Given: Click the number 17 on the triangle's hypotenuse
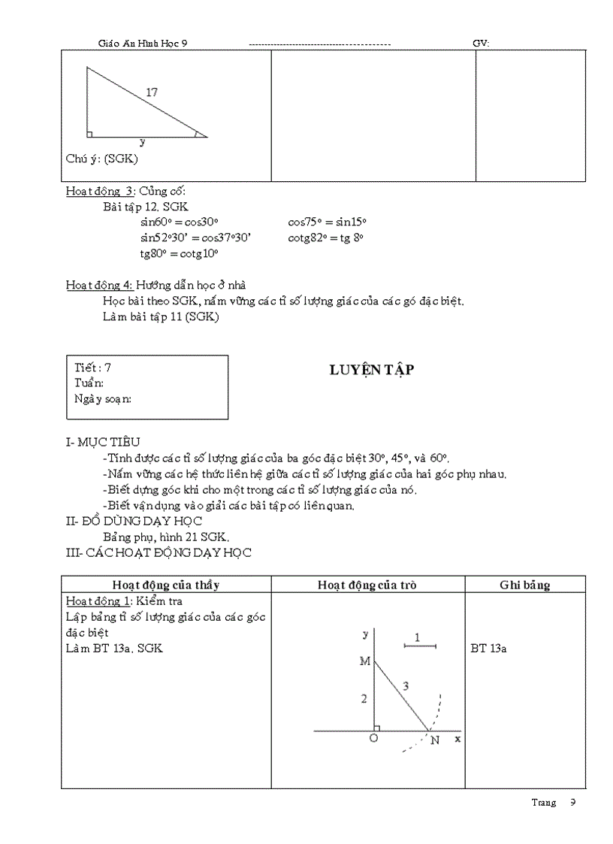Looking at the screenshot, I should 152,92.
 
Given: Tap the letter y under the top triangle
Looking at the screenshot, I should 142,141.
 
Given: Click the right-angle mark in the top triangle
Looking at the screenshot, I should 90,134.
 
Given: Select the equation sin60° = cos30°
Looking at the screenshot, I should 179,222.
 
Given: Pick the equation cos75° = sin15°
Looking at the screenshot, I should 327,222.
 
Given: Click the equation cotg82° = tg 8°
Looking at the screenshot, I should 325,237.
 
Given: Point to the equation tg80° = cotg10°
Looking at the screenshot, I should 179,253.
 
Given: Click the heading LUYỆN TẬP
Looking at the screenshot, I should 372,370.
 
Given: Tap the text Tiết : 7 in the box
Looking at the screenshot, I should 93,368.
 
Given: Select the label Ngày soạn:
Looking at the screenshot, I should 103,398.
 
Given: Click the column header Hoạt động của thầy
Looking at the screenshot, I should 165,585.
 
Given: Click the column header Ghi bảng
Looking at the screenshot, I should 524,585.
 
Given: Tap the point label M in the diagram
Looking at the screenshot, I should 365,661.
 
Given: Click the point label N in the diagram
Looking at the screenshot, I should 434,740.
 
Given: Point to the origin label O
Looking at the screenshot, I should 373,740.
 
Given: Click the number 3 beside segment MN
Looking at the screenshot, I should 406,686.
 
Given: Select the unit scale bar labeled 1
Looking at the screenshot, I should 420,644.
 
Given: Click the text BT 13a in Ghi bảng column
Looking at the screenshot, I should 488,648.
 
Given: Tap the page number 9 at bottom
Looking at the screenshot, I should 572,802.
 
